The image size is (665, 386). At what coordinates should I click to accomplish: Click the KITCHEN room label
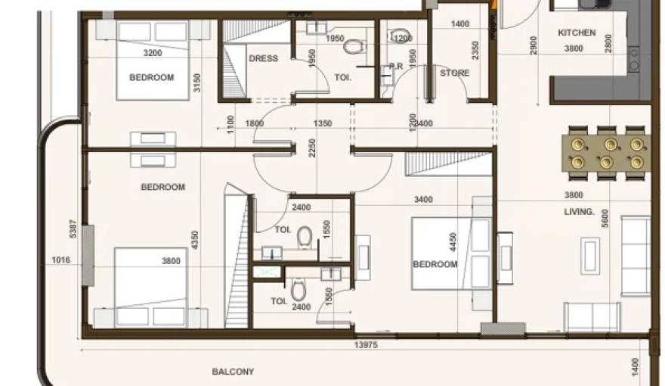click(x=577, y=33)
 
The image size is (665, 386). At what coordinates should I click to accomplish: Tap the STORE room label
click(x=455, y=73)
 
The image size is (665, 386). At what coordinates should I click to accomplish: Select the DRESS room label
click(x=263, y=58)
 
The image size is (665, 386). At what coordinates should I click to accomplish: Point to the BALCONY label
click(x=233, y=372)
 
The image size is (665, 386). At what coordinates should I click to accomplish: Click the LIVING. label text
click(x=580, y=213)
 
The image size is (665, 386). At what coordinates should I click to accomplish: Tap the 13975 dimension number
click(x=366, y=346)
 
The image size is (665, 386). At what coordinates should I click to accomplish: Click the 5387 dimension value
click(x=73, y=229)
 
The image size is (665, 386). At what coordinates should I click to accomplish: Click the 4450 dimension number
click(x=453, y=242)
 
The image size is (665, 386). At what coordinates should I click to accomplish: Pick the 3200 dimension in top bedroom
click(x=153, y=53)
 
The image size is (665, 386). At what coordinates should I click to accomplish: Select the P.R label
click(x=395, y=67)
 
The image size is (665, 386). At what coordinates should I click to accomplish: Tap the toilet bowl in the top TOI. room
click(x=351, y=47)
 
